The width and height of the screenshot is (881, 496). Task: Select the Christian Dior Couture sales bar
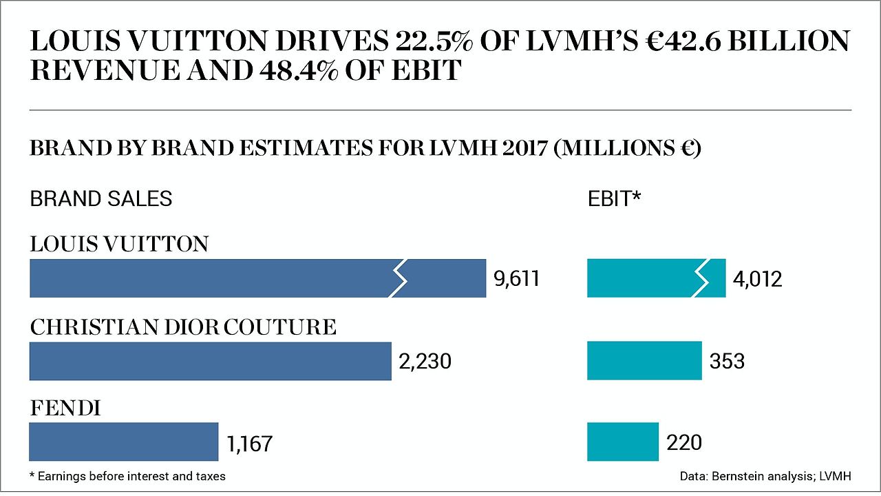(210, 361)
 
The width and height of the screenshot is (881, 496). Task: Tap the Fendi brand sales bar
(124, 442)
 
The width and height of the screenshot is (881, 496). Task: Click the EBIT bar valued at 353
(644, 361)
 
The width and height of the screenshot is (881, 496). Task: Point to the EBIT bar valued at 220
(623, 442)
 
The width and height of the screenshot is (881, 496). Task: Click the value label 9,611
(516, 279)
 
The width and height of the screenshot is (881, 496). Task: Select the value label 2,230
(425, 361)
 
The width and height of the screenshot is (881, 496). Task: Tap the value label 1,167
(249, 443)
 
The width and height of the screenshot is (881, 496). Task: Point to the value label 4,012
(758, 279)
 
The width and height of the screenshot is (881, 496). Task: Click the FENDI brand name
(65, 409)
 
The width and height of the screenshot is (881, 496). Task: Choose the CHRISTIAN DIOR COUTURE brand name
(183, 327)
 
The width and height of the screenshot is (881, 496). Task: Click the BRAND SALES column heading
(100, 199)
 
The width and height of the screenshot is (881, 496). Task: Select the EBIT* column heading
(614, 199)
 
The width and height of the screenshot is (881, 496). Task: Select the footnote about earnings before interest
(127, 476)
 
